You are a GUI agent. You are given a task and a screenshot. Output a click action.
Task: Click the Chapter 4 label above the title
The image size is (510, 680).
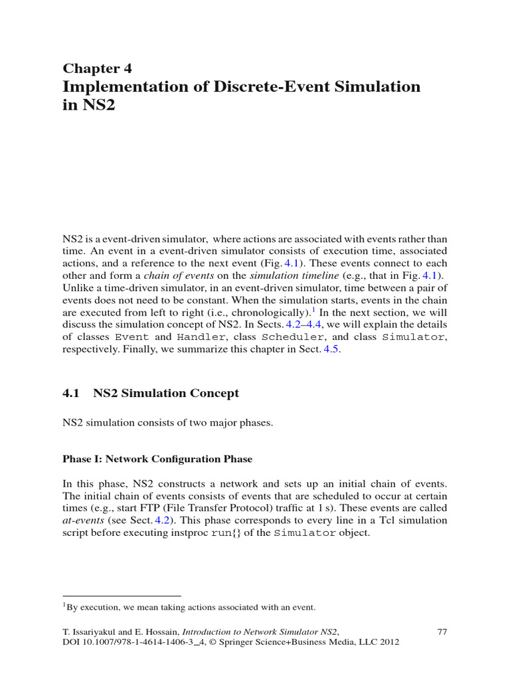(97, 68)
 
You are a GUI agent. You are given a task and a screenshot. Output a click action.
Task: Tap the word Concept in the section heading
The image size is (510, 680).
(209, 393)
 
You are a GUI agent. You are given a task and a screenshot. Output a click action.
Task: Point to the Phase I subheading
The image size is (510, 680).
(157, 459)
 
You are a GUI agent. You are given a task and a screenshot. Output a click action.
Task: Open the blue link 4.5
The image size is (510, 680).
(331, 351)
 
